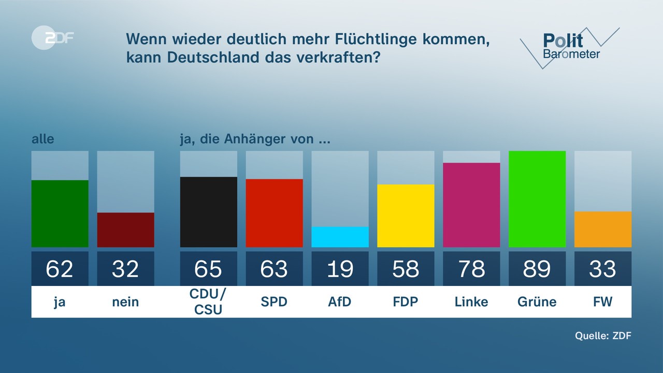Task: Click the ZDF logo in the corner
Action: click(52, 37)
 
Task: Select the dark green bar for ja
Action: click(60, 213)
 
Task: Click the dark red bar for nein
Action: click(125, 229)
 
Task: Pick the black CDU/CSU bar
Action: click(208, 212)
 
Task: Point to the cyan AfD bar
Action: click(340, 237)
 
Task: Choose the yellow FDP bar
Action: click(406, 216)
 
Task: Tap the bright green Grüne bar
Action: click(537, 199)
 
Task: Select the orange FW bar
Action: click(603, 229)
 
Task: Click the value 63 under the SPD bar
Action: click(274, 269)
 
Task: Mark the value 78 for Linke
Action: click(471, 269)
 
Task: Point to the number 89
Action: click(537, 269)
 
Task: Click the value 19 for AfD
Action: click(340, 269)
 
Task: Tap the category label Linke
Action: click(471, 302)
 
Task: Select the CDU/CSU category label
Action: click(208, 302)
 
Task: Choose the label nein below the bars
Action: click(125, 302)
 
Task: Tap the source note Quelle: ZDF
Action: click(603, 336)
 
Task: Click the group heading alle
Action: click(42, 139)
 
